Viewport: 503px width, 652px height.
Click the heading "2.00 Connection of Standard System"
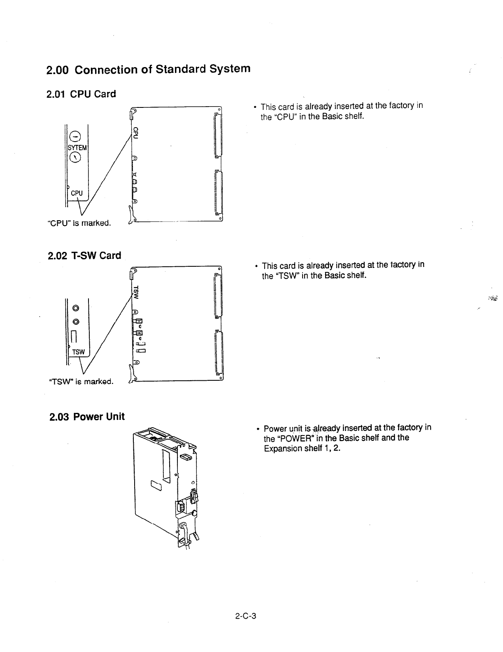[x=148, y=69]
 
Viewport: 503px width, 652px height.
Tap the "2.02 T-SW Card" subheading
[x=84, y=256]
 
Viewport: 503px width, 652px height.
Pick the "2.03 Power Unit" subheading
[x=86, y=417]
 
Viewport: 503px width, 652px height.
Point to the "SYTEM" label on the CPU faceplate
[x=77, y=148]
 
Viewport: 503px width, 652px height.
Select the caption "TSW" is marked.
[x=81, y=382]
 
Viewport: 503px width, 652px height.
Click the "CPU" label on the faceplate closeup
[x=77, y=193]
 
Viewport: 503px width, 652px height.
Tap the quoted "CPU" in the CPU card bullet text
[x=283, y=116]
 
